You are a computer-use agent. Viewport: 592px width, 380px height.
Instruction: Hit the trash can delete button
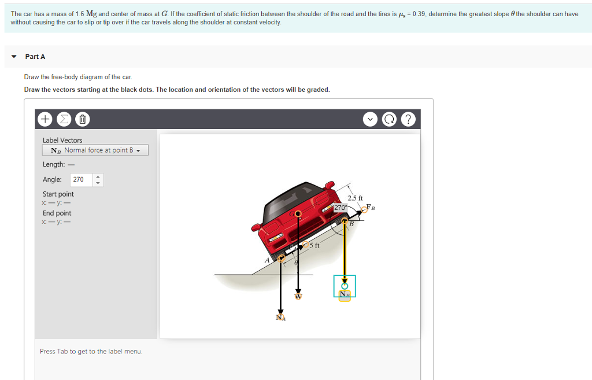tap(82, 120)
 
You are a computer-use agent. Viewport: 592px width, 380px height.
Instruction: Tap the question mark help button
tap(408, 120)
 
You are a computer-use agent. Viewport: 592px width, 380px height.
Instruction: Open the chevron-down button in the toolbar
tap(370, 120)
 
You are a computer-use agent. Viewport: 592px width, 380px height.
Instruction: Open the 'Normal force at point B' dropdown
tap(95, 150)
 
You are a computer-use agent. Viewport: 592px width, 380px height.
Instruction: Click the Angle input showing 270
tap(79, 179)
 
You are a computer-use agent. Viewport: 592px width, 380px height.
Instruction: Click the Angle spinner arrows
tap(97, 179)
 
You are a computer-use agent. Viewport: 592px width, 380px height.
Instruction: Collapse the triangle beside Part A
tap(14, 57)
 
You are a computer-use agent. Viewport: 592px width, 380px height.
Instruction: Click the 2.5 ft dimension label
tap(355, 198)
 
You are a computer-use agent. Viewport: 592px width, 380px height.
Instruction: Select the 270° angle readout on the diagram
tap(340, 207)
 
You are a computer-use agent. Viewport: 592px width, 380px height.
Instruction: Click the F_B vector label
tap(371, 208)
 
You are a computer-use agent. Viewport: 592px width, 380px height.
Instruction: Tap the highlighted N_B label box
tap(345, 294)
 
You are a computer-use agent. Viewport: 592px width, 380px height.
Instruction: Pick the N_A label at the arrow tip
tap(281, 317)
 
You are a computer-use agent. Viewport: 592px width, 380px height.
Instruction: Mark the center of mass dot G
tap(298, 214)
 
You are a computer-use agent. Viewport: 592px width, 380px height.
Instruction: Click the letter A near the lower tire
tap(267, 261)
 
